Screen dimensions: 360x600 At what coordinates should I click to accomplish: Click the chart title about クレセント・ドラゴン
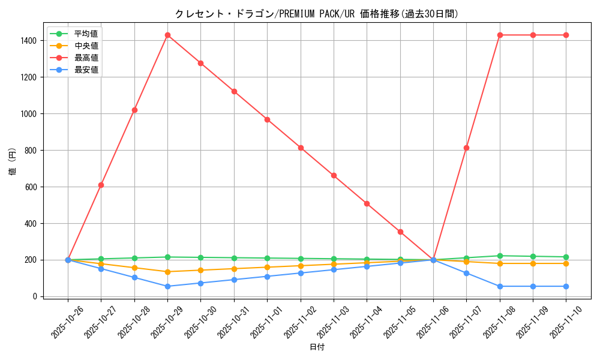[x=316, y=14]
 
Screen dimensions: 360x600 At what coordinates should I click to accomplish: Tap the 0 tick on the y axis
[x=36, y=296]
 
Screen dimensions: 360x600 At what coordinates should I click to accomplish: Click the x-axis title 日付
[x=317, y=347]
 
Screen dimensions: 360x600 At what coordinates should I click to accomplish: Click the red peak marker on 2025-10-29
[x=167, y=35]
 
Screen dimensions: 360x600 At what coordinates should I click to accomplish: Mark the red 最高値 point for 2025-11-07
[x=466, y=148]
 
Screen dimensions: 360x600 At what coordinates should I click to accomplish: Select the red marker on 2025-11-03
[x=334, y=175]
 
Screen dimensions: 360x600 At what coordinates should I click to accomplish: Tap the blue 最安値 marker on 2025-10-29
[x=167, y=286]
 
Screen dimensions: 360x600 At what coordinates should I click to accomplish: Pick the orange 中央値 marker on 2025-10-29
[x=167, y=272]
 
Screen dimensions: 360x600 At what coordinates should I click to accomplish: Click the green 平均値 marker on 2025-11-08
[x=500, y=256]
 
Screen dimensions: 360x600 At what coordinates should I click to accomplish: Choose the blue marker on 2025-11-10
[x=566, y=286]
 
